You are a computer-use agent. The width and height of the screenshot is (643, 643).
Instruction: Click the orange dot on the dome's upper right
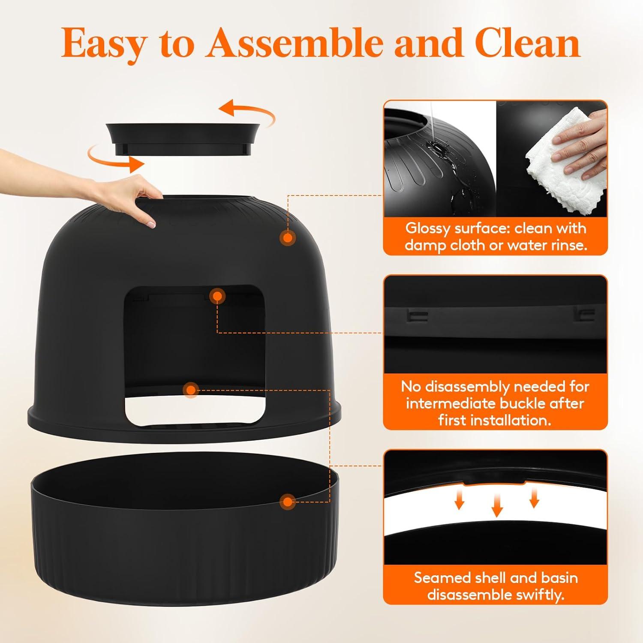pyautogui.click(x=288, y=237)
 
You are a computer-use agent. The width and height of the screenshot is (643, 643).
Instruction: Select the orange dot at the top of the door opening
pyautogui.click(x=218, y=296)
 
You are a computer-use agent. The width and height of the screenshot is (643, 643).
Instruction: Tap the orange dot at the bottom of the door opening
pyautogui.click(x=191, y=390)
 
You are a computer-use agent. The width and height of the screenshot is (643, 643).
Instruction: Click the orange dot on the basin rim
pyautogui.click(x=288, y=502)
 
